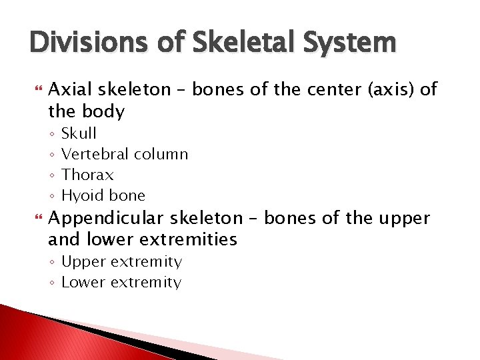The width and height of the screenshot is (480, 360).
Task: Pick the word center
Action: [x=324, y=90]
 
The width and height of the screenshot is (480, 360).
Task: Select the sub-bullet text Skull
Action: [x=79, y=133]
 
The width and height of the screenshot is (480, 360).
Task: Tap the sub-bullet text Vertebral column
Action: [x=125, y=154]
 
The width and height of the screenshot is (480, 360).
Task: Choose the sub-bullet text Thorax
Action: [x=87, y=175]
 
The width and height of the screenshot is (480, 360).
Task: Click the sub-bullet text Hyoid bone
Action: [x=103, y=195]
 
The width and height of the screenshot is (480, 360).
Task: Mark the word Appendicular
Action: [x=111, y=218]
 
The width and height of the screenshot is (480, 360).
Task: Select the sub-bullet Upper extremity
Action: [x=121, y=261]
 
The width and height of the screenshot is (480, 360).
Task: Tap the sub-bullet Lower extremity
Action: [x=121, y=282]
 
